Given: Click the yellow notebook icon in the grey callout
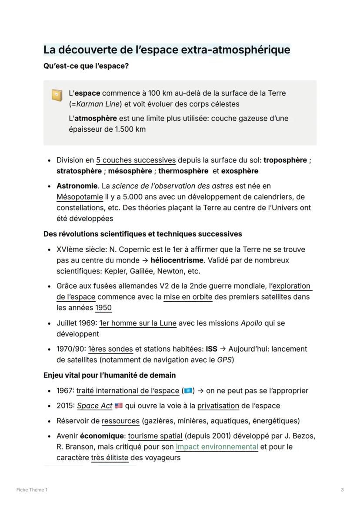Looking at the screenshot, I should (57, 95).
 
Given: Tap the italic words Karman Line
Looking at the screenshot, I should (96, 104).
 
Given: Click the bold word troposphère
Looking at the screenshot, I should (285, 160).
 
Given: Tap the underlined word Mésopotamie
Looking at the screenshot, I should (80, 196).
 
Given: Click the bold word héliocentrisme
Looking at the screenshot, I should (177, 260).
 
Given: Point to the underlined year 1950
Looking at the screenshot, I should (103, 308).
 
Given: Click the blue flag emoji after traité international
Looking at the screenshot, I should (188, 391).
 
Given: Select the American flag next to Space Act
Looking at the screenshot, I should (118, 406).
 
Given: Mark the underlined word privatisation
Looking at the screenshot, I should (218, 406).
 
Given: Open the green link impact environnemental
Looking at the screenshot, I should (217, 446).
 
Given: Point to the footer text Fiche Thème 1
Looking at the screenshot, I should (32, 490).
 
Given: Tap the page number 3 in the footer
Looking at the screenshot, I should (342, 490).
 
